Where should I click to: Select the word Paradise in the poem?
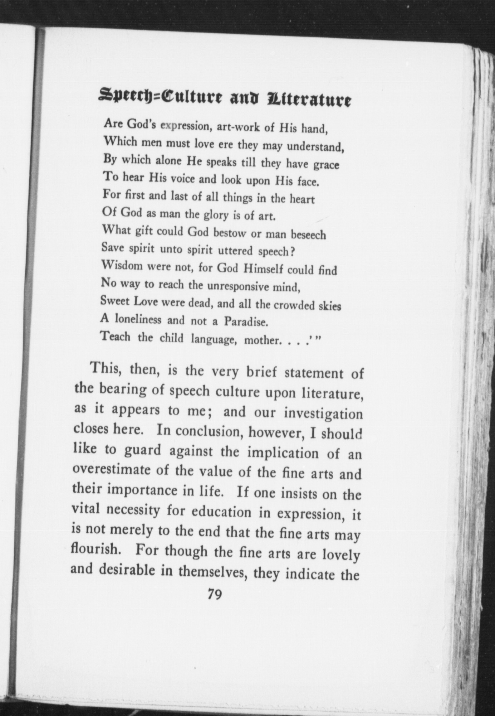click(x=246, y=322)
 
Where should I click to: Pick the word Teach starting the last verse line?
click(x=116, y=337)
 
